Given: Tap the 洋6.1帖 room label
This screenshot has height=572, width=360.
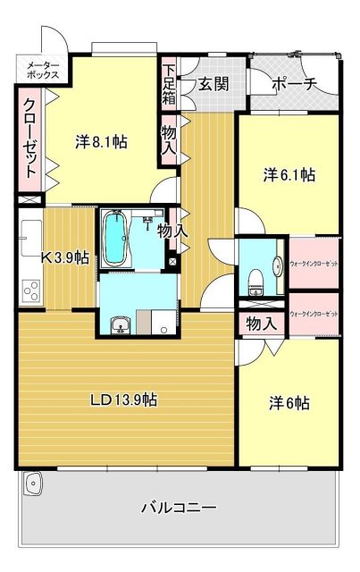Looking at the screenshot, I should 288,175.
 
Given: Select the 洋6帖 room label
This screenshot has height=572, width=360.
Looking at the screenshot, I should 289,402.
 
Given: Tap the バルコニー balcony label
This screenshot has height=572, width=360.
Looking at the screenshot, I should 179,509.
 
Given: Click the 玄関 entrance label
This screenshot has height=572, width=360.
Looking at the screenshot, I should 213,84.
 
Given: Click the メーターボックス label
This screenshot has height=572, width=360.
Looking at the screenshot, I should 42,70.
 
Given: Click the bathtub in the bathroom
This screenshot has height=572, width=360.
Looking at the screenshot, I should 116,238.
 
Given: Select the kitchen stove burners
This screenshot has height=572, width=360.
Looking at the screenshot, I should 31,291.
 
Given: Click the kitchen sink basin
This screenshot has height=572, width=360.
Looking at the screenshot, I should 29,234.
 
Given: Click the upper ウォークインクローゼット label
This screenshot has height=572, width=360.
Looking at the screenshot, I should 314,265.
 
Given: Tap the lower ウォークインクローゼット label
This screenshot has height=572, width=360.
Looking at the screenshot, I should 314,315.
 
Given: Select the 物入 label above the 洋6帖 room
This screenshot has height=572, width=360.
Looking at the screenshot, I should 260,324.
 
